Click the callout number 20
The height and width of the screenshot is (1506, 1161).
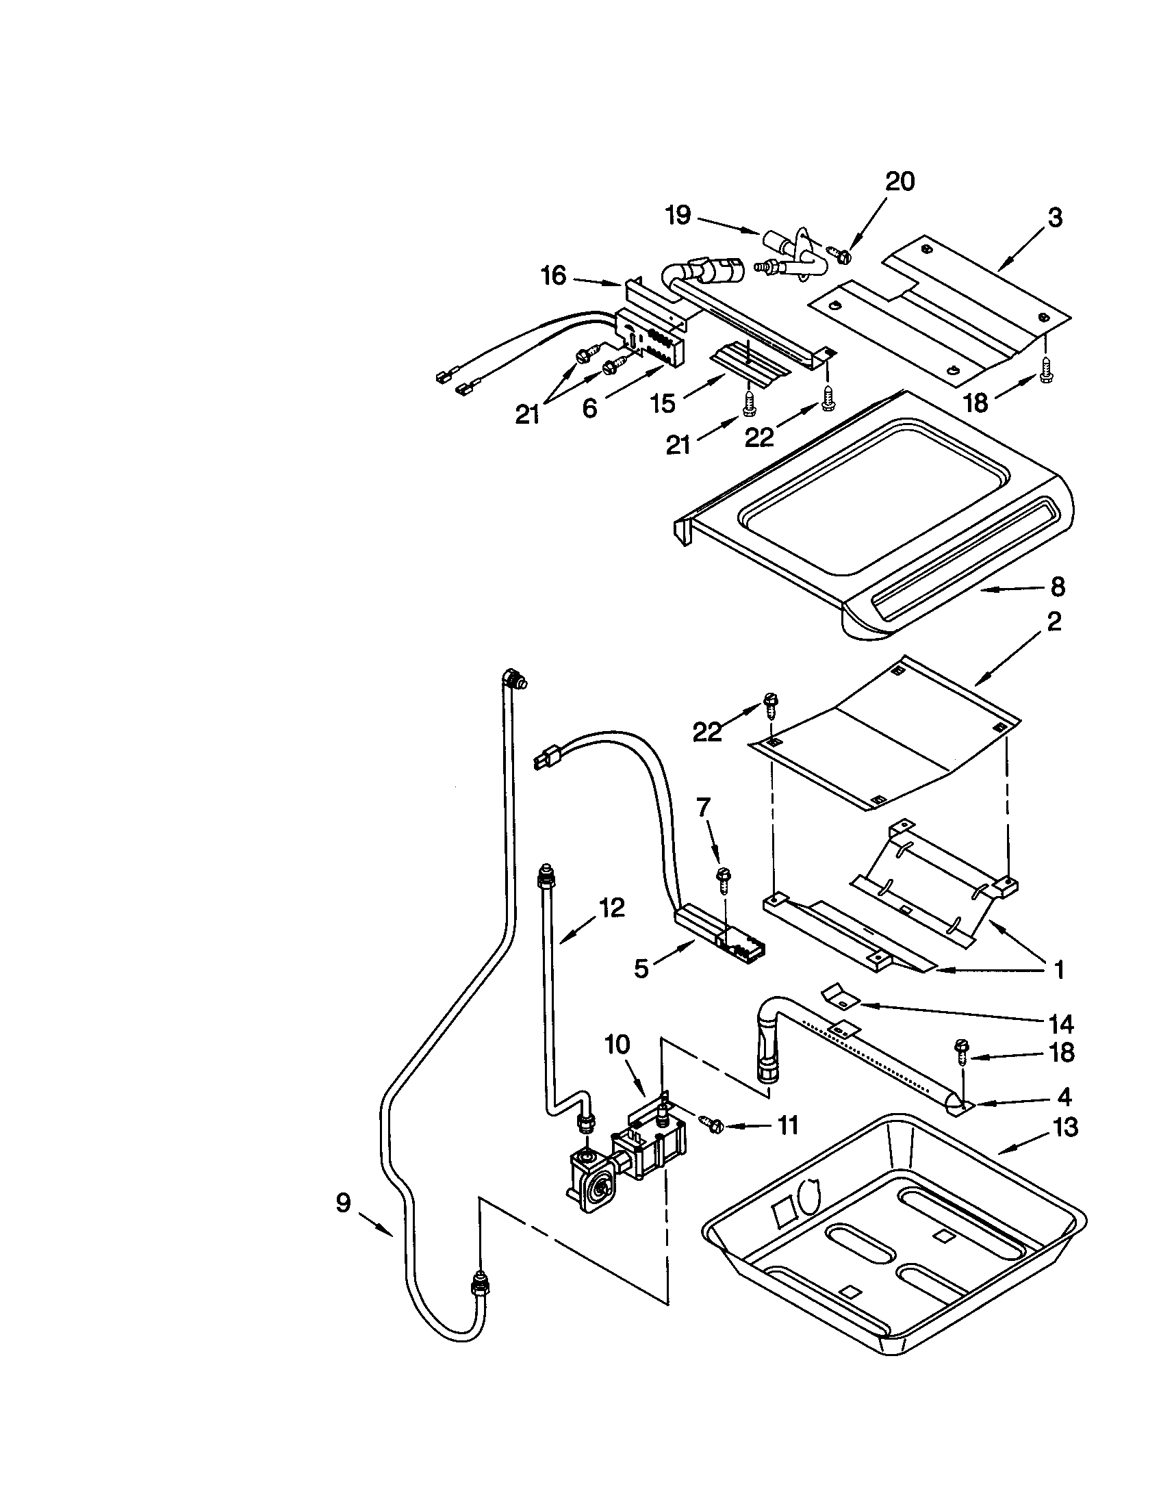point(899,181)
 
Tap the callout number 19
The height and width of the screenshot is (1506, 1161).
point(678,215)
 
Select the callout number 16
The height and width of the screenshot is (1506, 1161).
point(553,276)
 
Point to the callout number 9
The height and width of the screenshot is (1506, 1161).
point(343,1203)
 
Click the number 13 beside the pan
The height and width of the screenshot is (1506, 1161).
point(1065,1127)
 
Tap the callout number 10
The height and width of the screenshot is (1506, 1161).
point(617,1045)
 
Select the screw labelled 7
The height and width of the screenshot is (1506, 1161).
point(723,875)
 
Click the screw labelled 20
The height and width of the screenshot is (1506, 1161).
point(841,256)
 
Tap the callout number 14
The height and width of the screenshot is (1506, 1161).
point(1062,1024)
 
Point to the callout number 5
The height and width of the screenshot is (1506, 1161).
point(641,969)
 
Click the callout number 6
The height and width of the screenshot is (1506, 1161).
point(589,408)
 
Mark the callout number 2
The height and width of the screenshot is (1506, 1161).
point(1054,622)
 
